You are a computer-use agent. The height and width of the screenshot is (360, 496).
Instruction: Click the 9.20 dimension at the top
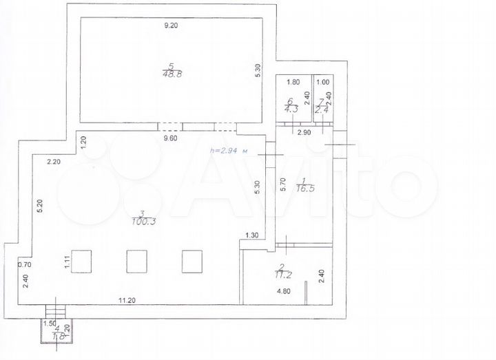click(x=170, y=25)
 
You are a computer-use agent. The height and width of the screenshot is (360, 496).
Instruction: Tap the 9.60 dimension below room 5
click(x=170, y=138)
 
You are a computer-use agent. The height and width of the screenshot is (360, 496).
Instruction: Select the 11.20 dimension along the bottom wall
click(x=127, y=300)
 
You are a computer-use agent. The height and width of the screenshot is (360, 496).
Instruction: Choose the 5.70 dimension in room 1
click(x=282, y=184)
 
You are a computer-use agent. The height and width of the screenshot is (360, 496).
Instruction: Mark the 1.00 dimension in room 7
click(x=322, y=82)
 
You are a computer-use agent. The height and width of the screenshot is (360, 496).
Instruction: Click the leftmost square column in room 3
click(x=83, y=262)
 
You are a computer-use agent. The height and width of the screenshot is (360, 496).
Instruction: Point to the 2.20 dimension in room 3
click(x=54, y=162)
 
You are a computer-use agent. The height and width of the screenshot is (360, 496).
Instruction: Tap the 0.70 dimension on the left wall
click(x=25, y=264)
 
